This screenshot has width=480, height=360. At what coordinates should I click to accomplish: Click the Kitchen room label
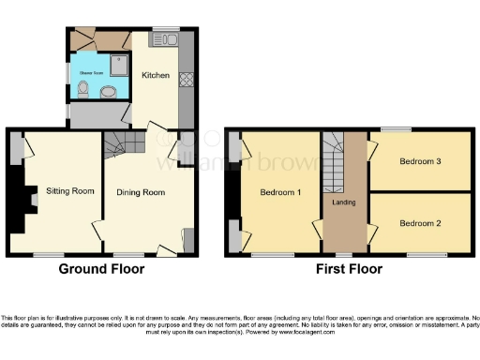[x=155, y=75]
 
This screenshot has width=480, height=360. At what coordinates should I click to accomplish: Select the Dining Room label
[x=141, y=193]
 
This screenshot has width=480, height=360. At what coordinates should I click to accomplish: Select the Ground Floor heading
[x=101, y=269]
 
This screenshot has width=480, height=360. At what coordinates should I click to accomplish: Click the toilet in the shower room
[x=84, y=91]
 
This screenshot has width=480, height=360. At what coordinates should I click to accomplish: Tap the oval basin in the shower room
[x=108, y=92]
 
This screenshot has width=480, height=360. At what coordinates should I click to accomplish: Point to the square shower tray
[x=122, y=64]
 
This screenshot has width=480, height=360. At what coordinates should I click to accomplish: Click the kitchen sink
[x=167, y=40]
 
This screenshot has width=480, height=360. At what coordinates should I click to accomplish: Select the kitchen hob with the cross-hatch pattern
[x=185, y=81]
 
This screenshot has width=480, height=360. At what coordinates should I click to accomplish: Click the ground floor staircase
[x=119, y=143]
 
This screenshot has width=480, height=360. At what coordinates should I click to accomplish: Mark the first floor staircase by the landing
[x=336, y=159]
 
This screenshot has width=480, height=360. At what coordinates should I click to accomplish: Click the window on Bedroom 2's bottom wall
[x=426, y=254]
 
